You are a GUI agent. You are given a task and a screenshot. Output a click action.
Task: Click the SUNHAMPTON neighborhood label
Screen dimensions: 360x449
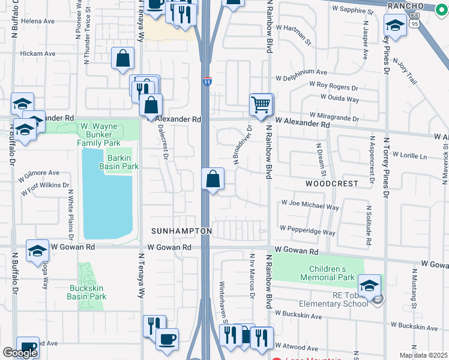[181, 231]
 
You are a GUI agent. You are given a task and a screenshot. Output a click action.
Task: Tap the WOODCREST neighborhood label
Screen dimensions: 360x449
[331, 183]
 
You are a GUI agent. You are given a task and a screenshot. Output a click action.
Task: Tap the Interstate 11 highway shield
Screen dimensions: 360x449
[206, 81]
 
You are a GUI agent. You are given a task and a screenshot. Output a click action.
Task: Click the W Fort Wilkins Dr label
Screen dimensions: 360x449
[45, 190]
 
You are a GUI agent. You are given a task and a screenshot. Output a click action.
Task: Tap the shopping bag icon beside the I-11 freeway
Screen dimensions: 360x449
[213, 179]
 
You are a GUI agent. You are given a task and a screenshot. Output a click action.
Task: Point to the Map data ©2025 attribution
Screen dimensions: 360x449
[424, 355]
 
